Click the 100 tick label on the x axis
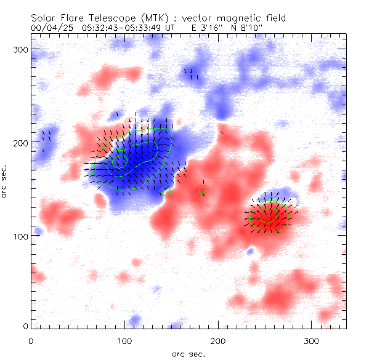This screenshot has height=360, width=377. pyautogui.click(x=124, y=340)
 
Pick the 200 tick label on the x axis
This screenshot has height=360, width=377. pyautogui.click(x=218, y=340)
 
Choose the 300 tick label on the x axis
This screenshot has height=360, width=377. pyautogui.click(x=312, y=340)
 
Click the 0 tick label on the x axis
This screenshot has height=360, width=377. pyautogui.click(x=31, y=340)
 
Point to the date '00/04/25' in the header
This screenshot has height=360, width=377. pyautogui.click(x=49, y=28)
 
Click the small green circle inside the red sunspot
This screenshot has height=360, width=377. pyautogui.click(x=266, y=215)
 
